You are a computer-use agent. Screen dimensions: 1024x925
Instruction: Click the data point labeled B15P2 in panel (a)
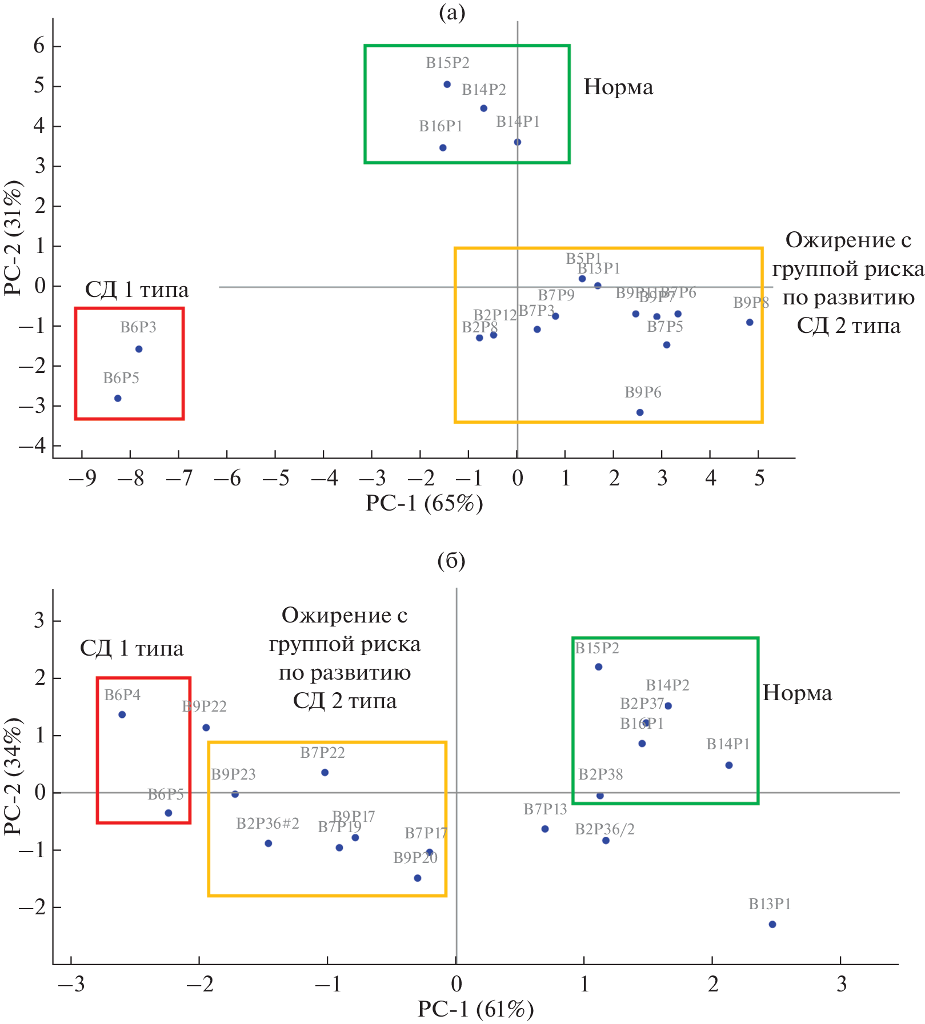(447, 85)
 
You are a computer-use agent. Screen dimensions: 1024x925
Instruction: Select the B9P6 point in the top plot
(640, 412)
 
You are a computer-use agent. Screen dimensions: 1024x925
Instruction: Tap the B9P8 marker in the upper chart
(750, 323)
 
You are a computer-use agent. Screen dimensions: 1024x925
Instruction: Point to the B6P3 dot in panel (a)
(139, 349)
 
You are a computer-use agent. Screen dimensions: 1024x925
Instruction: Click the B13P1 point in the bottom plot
(772, 925)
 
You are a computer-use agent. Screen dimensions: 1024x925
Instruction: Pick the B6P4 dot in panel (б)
(122, 714)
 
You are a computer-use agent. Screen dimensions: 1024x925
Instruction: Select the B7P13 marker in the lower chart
(545, 829)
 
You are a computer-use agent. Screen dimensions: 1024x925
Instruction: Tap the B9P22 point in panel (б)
(206, 728)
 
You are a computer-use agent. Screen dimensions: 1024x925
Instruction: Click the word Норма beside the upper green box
(618, 87)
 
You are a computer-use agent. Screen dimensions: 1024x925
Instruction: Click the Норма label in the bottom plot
(797, 693)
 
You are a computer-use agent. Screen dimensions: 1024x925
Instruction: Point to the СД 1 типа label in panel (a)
(137, 290)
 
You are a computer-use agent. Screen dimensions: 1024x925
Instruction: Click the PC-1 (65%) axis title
(424, 503)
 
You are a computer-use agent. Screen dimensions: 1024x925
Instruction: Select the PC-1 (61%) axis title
(475, 1009)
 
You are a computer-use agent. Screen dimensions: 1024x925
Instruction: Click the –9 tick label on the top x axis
(82, 479)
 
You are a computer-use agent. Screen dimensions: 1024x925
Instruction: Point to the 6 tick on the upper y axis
(39, 46)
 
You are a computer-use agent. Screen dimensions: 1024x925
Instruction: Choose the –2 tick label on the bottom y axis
(32, 907)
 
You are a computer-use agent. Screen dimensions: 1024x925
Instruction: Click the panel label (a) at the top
(452, 12)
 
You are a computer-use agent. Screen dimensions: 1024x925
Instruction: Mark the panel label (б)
(451, 561)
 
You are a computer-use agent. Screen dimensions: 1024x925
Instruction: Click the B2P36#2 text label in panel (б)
(267, 824)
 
